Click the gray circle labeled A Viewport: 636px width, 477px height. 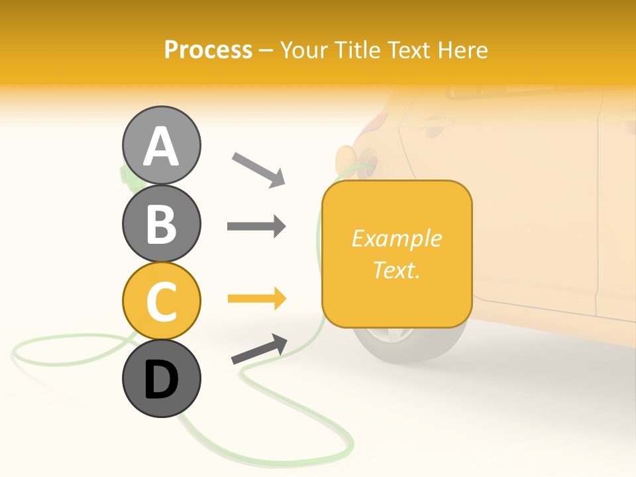[x=161, y=145]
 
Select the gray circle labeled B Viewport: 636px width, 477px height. [x=161, y=223]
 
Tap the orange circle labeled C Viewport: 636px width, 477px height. [x=161, y=301]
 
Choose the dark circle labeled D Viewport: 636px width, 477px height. [x=161, y=379]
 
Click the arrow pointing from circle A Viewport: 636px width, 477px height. [x=258, y=170]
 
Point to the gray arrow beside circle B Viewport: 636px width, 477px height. [x=256, y=227]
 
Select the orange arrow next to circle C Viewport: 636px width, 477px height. [x=256, y=299]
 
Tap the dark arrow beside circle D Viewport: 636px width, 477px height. [x=259, y=349]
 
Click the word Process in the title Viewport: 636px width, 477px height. [x=208, y=50]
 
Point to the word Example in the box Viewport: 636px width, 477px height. [x=396, y=238]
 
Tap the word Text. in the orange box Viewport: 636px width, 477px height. [x=396, y=270]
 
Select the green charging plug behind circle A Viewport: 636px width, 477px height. [x=124, y=174]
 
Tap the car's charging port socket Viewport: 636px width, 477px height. [x=366, y=161]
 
